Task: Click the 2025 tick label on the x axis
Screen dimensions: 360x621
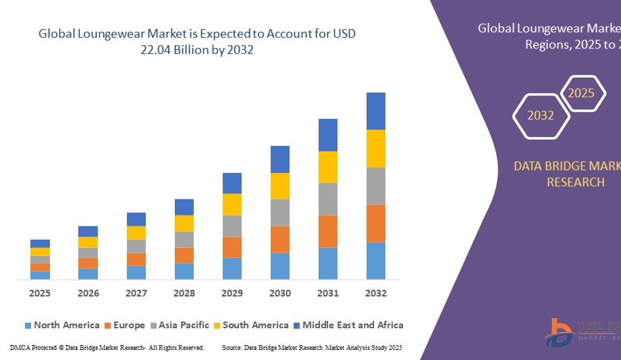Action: (x=40, y=293)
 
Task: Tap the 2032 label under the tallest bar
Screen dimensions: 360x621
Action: (x=376, y=293)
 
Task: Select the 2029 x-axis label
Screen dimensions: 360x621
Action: (x=232, y=293)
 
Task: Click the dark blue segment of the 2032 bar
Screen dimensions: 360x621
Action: (x=376, y=111)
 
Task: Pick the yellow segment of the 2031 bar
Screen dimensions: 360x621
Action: (x=328, y=167)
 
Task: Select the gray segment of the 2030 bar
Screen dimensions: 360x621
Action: (x=280, y=212)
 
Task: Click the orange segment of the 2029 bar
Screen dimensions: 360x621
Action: (x=232, y=247)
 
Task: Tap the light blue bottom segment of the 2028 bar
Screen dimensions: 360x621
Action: (x=184, y=271)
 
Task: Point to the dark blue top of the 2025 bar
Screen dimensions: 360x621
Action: (x=40, y=243)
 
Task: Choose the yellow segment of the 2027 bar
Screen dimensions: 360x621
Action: (x=136, y=232)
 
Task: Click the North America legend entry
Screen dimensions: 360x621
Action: (x=62, y=326)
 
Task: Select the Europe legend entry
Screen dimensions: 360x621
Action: (x=124, y=326)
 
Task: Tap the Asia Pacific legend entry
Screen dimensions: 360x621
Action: (x=179, y=326)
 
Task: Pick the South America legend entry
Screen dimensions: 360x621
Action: (x=250, y=326)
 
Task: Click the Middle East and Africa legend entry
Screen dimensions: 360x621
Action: (x=348, y=326)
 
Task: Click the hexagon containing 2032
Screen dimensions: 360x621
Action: (x=541, y=115)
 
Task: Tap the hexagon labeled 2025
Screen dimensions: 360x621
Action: (x=580, y=93)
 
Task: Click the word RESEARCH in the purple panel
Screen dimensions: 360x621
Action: (x=575, y=182)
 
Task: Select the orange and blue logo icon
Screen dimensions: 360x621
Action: (x=560, y=332)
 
